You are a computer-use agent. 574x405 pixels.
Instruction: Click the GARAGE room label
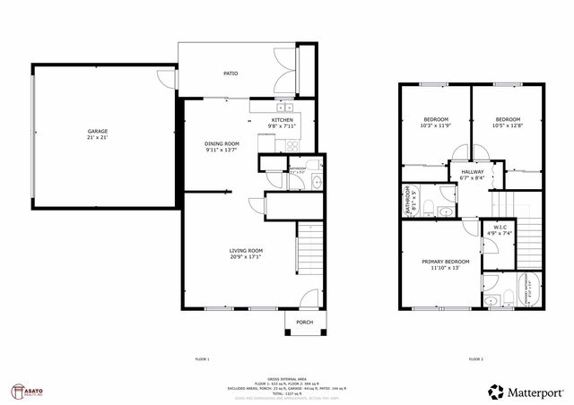tap(97, 131)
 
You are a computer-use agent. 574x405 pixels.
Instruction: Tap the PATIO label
tap(230, 73)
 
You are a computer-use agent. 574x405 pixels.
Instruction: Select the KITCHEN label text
tap(283, 120)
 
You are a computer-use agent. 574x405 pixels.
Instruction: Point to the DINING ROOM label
tap(222, 143)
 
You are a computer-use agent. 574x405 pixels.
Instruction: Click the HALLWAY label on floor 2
tap(473, 171)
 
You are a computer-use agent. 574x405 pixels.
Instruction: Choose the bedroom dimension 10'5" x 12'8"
tap(509, 126)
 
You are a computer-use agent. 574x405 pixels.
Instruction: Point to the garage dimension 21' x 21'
tap(97, 137)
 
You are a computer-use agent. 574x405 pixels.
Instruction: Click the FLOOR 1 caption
tap(203, 358)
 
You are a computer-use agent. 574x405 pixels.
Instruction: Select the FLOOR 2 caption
tap(475, 358)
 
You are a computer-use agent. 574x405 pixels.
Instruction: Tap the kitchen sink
tap(282, 104)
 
